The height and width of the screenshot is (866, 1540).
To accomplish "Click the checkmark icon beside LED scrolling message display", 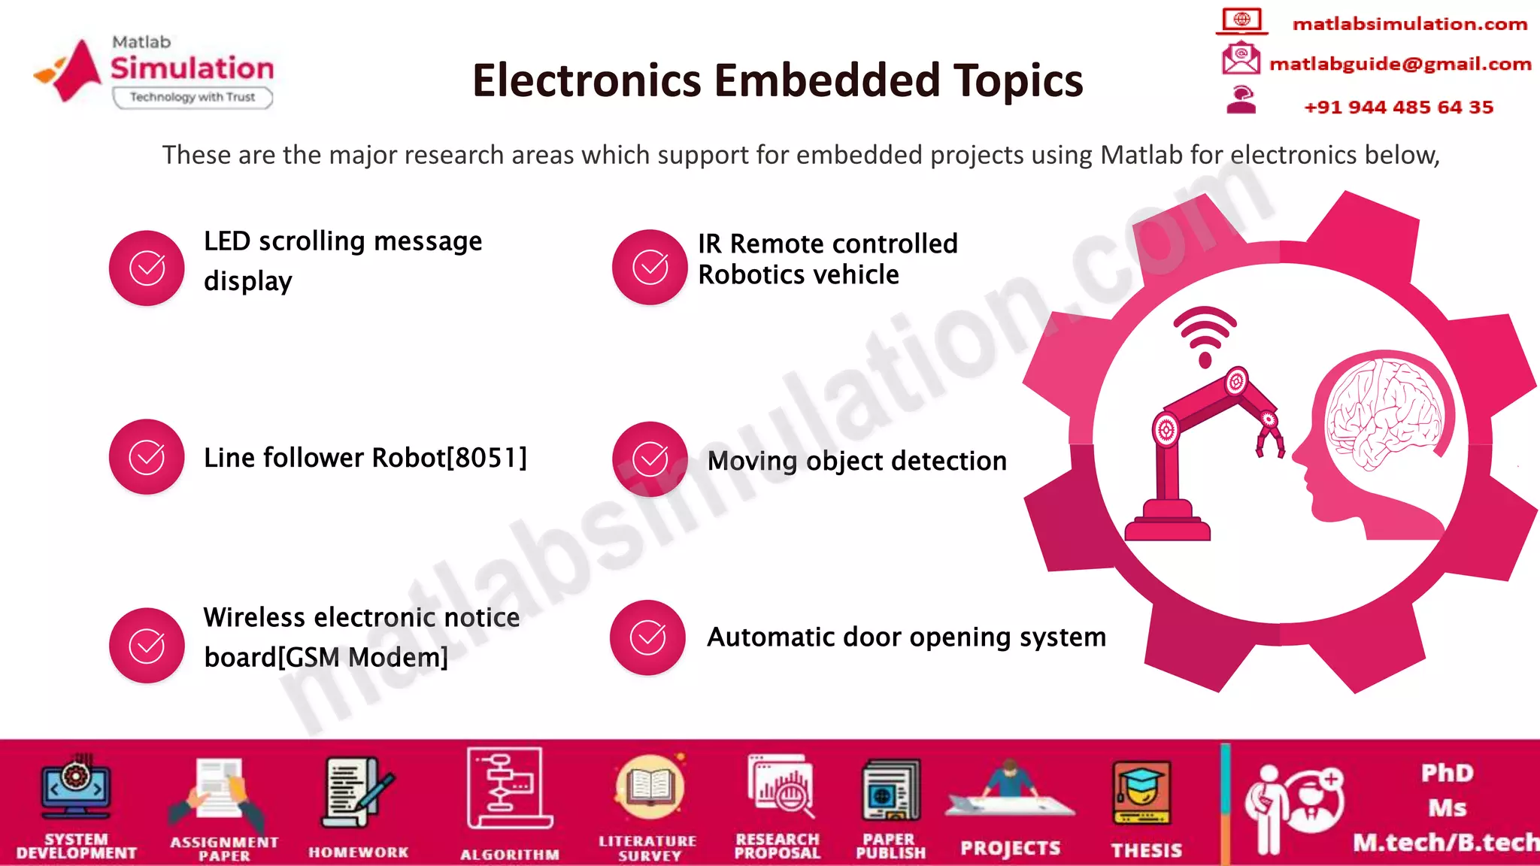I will click(147, 268).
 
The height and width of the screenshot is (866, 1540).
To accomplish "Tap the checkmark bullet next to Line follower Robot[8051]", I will click(147, 457).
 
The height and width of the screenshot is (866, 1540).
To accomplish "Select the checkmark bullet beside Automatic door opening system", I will click(647, 637).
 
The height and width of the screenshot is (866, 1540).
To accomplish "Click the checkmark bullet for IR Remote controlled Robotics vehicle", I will click(650, 268).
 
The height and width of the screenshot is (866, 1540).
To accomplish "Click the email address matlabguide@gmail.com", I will click(1400, 64).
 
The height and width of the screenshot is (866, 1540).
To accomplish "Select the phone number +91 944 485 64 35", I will click(1399, 107).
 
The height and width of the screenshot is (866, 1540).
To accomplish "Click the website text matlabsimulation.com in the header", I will click(1410, 24).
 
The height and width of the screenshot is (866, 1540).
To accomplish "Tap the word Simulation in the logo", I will click(192, 68).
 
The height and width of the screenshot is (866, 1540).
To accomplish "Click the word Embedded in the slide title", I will click(827, 80).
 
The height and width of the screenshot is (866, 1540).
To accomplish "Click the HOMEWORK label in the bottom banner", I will click(359, 852).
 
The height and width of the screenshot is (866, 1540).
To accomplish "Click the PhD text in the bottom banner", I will click(1447, 774).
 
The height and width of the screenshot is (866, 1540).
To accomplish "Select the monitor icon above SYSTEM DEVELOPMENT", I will click(76, 789).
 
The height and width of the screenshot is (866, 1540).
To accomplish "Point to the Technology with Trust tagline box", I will click(192, 97).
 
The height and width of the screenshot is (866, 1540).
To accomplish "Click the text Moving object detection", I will click(856, 461).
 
